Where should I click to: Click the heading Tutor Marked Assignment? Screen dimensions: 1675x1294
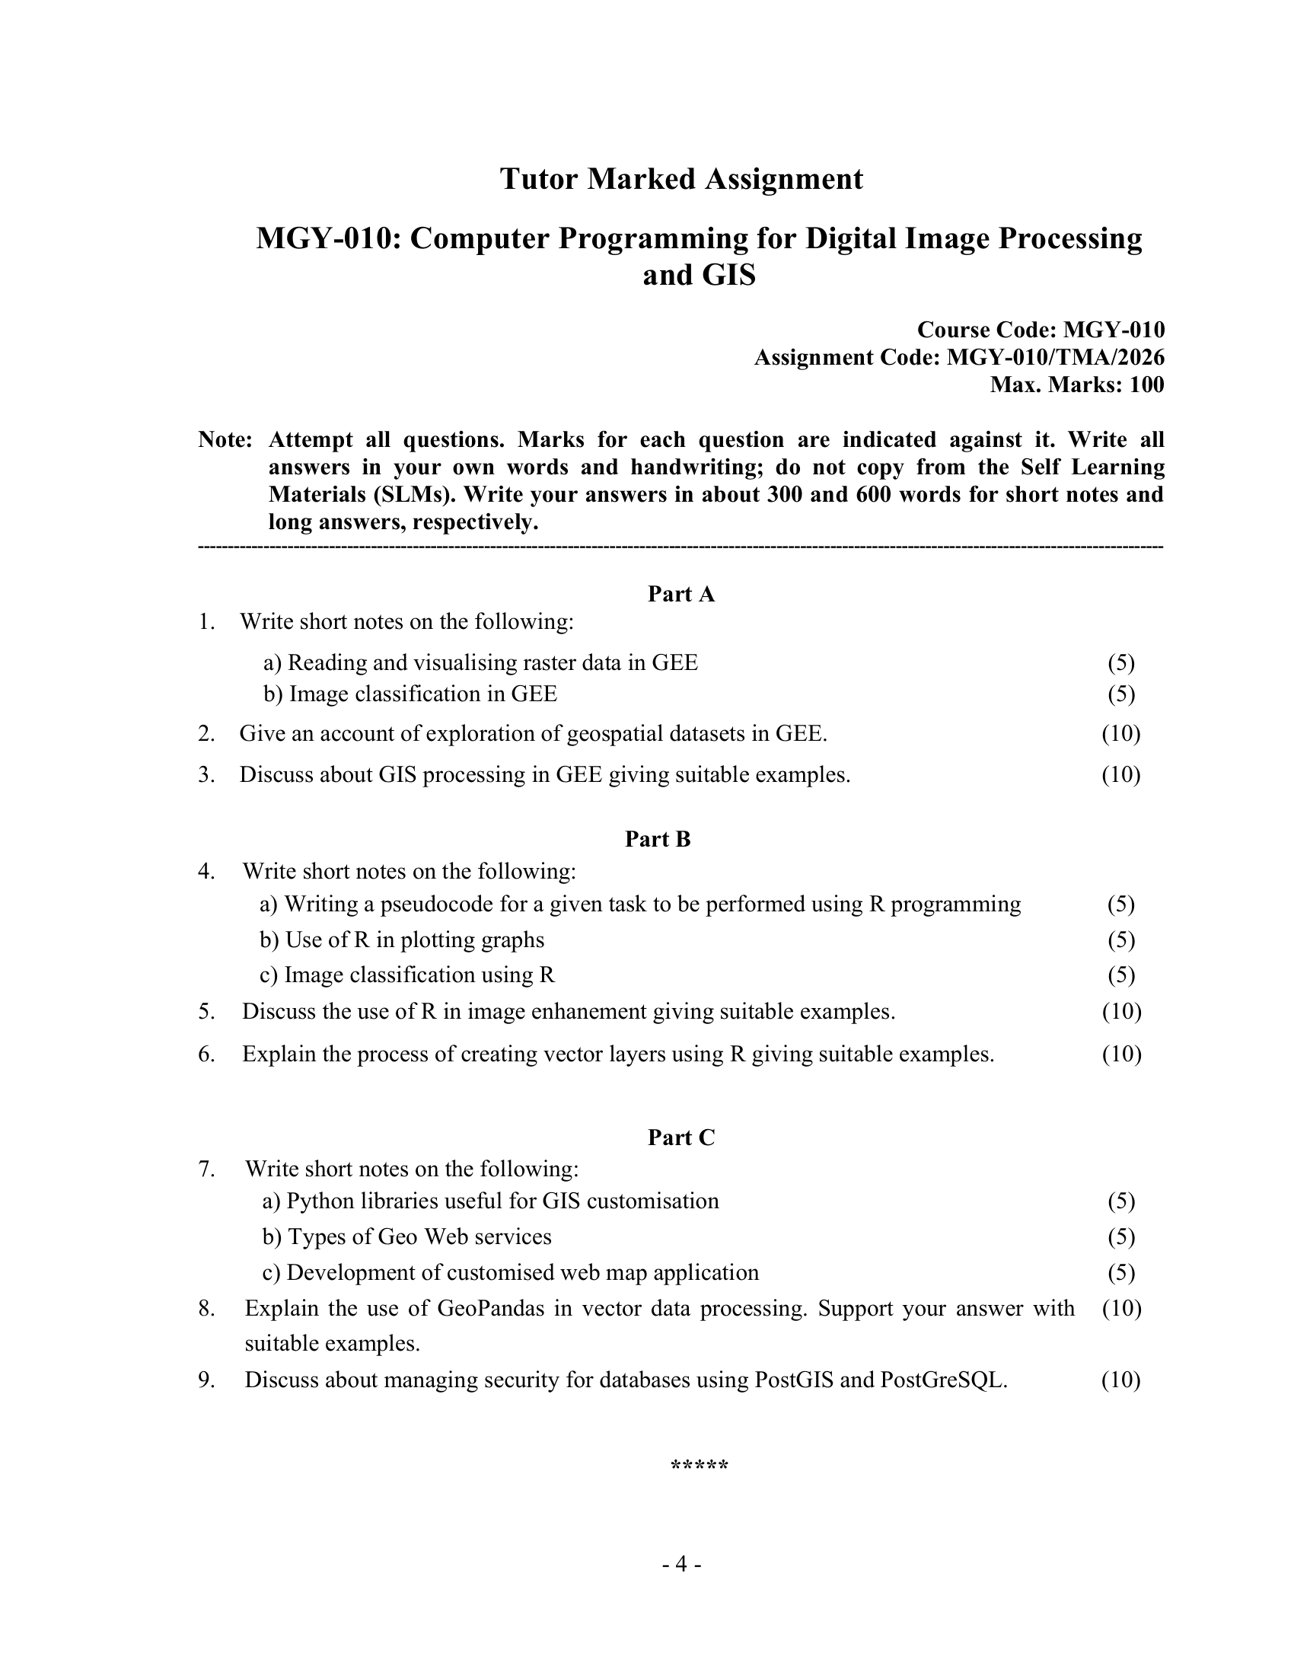680,179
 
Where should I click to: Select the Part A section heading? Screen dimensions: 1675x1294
680,594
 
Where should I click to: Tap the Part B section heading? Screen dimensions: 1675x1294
658,839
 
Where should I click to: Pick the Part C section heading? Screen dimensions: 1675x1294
680,1137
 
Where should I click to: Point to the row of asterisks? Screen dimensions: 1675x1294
699,1466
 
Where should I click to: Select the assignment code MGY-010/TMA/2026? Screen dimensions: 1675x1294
1056,357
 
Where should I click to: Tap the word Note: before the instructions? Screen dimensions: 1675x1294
225,440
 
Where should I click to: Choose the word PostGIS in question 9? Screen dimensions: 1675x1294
793,1380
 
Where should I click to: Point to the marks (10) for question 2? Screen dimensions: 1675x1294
1120,734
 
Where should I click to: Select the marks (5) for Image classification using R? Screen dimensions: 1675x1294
1120,975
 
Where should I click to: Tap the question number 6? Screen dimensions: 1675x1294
206,1054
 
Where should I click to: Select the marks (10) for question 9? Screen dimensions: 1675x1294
1120,1380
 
